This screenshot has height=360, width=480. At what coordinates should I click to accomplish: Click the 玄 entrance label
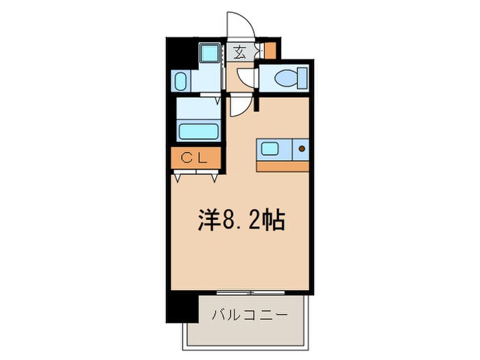(x=241, y=51)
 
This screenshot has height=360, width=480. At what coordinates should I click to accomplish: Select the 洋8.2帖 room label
(x=241, y=221)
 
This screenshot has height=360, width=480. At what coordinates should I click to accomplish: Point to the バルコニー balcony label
(x=250, y=315)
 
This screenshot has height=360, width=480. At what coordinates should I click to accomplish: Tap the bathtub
(x=198, y=130)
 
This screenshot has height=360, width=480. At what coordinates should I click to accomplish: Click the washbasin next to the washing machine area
(x=180, y=82)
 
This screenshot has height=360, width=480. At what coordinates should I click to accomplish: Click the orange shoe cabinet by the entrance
(x=269, y=50)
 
